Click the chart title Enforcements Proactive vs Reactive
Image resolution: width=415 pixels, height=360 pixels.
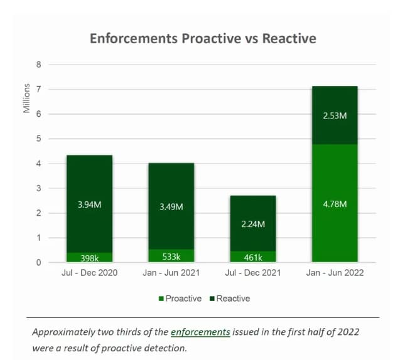(203, 38)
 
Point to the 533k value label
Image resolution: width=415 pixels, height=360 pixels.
(171, 257)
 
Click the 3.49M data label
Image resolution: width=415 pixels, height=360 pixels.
(171, 206)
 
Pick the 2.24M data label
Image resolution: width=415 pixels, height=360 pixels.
(253, 224)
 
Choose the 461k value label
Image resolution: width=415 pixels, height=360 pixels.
(253, 257)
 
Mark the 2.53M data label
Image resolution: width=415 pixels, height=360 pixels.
(335, 117)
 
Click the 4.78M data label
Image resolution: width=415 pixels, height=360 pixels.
(335, 204)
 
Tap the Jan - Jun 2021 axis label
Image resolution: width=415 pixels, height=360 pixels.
(171, 273)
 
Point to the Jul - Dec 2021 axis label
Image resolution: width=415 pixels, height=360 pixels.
(253, 273)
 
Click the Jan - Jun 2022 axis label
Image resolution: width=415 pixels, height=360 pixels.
(335, 273)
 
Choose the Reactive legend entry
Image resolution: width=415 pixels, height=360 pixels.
(233, 299)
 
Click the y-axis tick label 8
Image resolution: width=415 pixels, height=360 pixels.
(39, 65)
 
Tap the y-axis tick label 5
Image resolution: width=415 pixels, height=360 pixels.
(39, 139)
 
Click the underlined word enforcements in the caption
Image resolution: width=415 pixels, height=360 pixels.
(200, 332)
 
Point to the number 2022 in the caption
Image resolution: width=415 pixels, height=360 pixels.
(347, 332)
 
